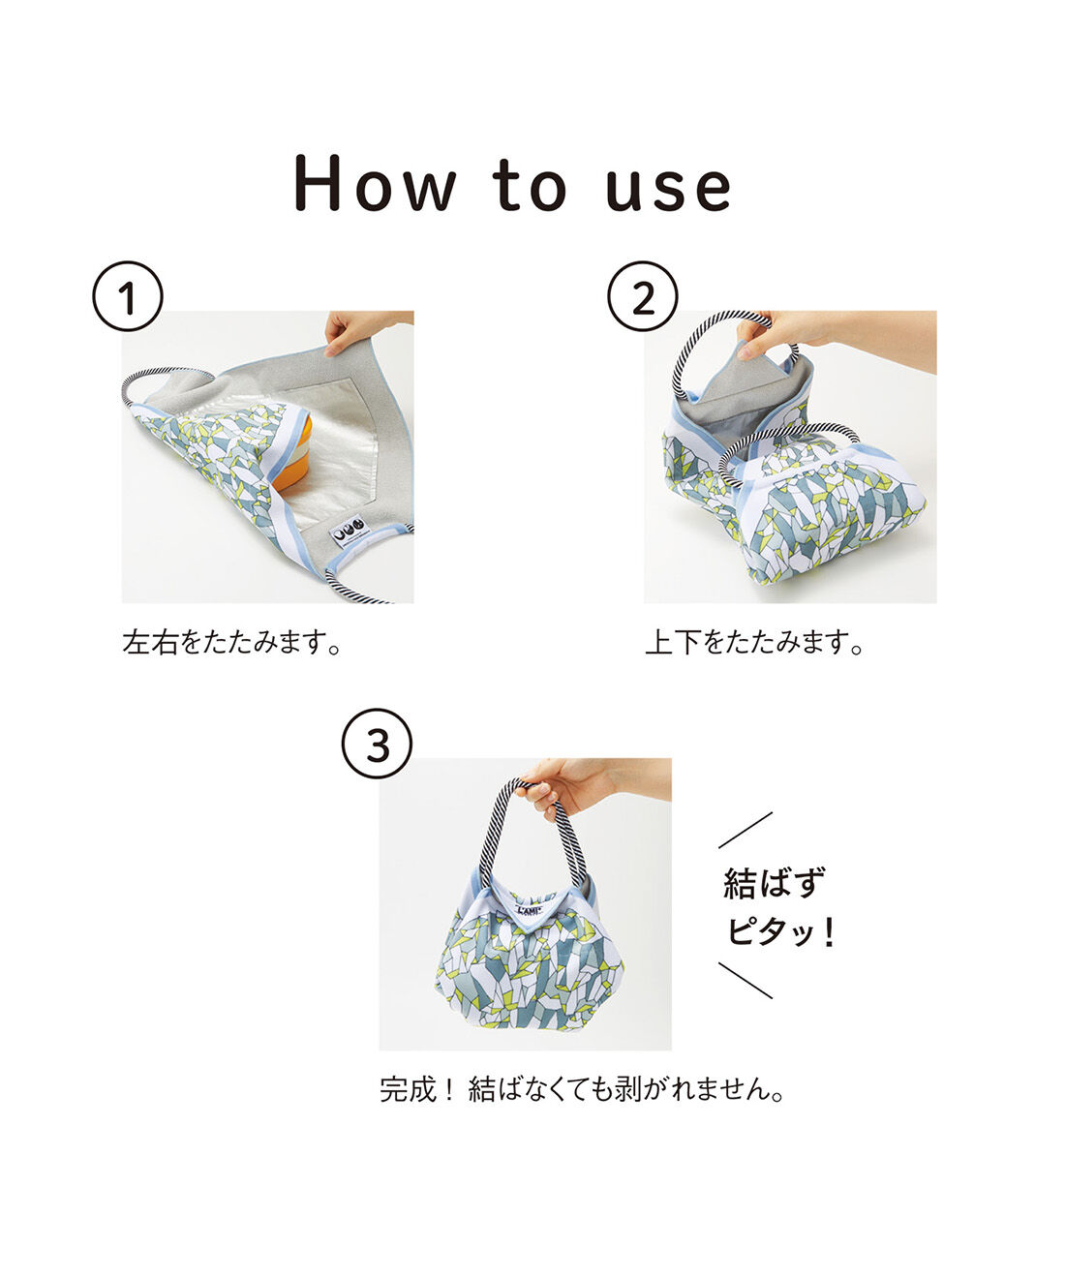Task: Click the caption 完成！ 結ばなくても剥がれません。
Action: click(x=582, y=1090)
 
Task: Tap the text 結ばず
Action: click(x=775, y=883)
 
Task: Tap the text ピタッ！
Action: click(x=780, y=933)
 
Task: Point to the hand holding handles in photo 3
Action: click(x=571, y=785)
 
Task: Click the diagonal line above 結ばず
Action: click(x=745, y=830)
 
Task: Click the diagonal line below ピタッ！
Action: click(x=745, y=980)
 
